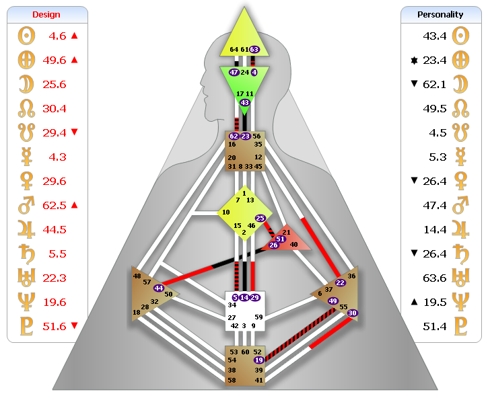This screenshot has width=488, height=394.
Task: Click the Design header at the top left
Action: pyautogui.click(x=46, y=14)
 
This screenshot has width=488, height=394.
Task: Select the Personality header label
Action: pyautogui.click(x=440, y=14)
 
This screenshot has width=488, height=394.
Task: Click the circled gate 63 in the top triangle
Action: pyautogui.click(x=254, y=49)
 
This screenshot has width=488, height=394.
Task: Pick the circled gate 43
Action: pyautogui.click(x=244, y=103)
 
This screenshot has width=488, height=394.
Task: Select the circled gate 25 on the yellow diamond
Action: pyautogui.click(x=260, y=218)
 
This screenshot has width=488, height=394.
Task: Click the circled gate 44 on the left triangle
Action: pyautogui.click(x=159, y=288)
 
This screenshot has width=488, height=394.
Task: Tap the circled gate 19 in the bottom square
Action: pyautogui.click(x=258, y=360)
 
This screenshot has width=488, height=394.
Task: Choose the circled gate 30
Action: pyautogui.click(x=353, y=313)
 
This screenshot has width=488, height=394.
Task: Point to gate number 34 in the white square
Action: pyautogui.click(x=232, y=305)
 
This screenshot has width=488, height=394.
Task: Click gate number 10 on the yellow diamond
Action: pyautogui.click(x=226, y=212)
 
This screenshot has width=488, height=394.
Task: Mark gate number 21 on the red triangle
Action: pyautogui.click(x=286, y=232)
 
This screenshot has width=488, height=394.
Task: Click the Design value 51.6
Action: pyautogui.click(x=53, y=326)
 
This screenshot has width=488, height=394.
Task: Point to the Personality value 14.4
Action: pyautogui.click(x=435, y=229)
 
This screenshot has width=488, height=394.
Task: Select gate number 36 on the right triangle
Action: pyautogui.click(x=352, y=276)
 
